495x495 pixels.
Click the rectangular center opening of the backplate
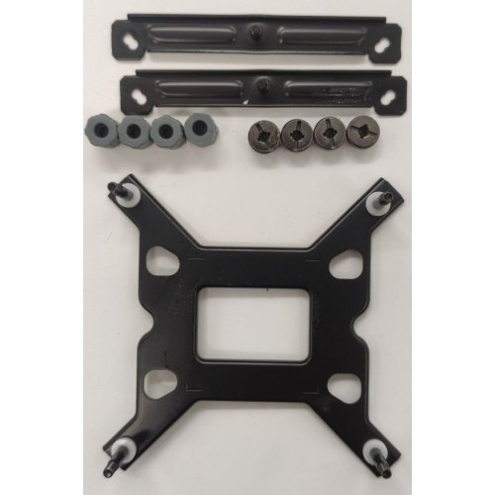(x=247, y=320)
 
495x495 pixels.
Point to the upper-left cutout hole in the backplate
(x=159, y=259)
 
